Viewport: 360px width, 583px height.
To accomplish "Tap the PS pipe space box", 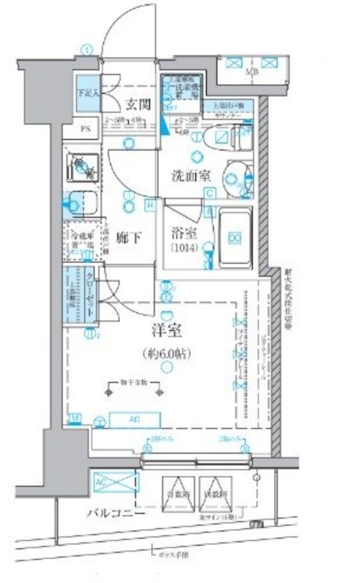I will [x=85, y=130].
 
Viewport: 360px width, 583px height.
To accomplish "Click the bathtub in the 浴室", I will [x=235, y=237].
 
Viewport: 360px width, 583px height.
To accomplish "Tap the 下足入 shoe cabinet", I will [x=87, y=93].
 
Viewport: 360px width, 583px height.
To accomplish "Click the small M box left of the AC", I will [x=75, y=417].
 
